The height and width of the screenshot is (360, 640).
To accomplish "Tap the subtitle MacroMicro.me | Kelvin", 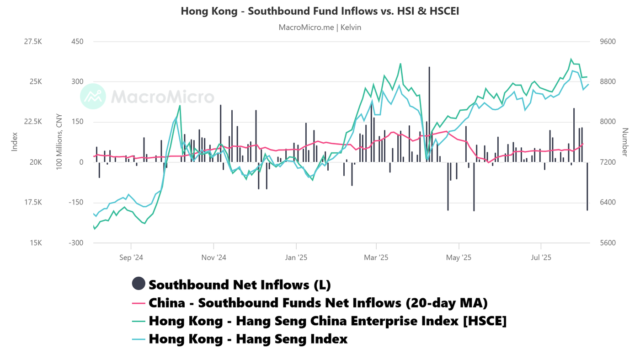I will pos(320,27).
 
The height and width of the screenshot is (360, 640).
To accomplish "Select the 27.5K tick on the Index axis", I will pos(32,42).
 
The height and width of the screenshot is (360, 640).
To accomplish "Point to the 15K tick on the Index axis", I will pos(35,243).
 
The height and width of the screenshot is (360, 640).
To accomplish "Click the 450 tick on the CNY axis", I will pos(78,42).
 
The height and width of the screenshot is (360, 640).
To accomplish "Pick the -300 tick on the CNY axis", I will pos(76,243).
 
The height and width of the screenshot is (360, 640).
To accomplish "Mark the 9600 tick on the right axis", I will pos(608,42).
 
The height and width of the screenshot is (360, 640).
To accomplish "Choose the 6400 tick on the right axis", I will pos(608,203).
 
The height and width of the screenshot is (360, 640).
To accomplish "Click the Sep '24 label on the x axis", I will pos(131,258).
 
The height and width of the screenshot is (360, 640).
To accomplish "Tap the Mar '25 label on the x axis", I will pos(376,258).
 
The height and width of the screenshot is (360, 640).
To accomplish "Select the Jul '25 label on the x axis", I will pos(541,258).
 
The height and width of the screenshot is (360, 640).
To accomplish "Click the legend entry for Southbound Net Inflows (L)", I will pos(240,285).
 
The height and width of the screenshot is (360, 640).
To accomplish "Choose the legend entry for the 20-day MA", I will pos(318,303).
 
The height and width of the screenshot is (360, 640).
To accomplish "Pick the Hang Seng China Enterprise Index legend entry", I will pos(327,321).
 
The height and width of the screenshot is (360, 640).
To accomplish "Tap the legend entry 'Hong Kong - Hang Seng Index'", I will pos(248,339).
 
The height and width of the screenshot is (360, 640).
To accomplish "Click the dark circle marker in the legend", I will pos(139,284).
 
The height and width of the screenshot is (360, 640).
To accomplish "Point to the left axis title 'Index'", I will pos(15,142).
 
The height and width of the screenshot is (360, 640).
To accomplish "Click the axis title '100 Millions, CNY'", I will pos(59,142).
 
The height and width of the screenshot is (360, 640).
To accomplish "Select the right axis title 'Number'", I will pos(625,142).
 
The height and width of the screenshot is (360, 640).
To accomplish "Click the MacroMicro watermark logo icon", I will pos(93,96).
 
